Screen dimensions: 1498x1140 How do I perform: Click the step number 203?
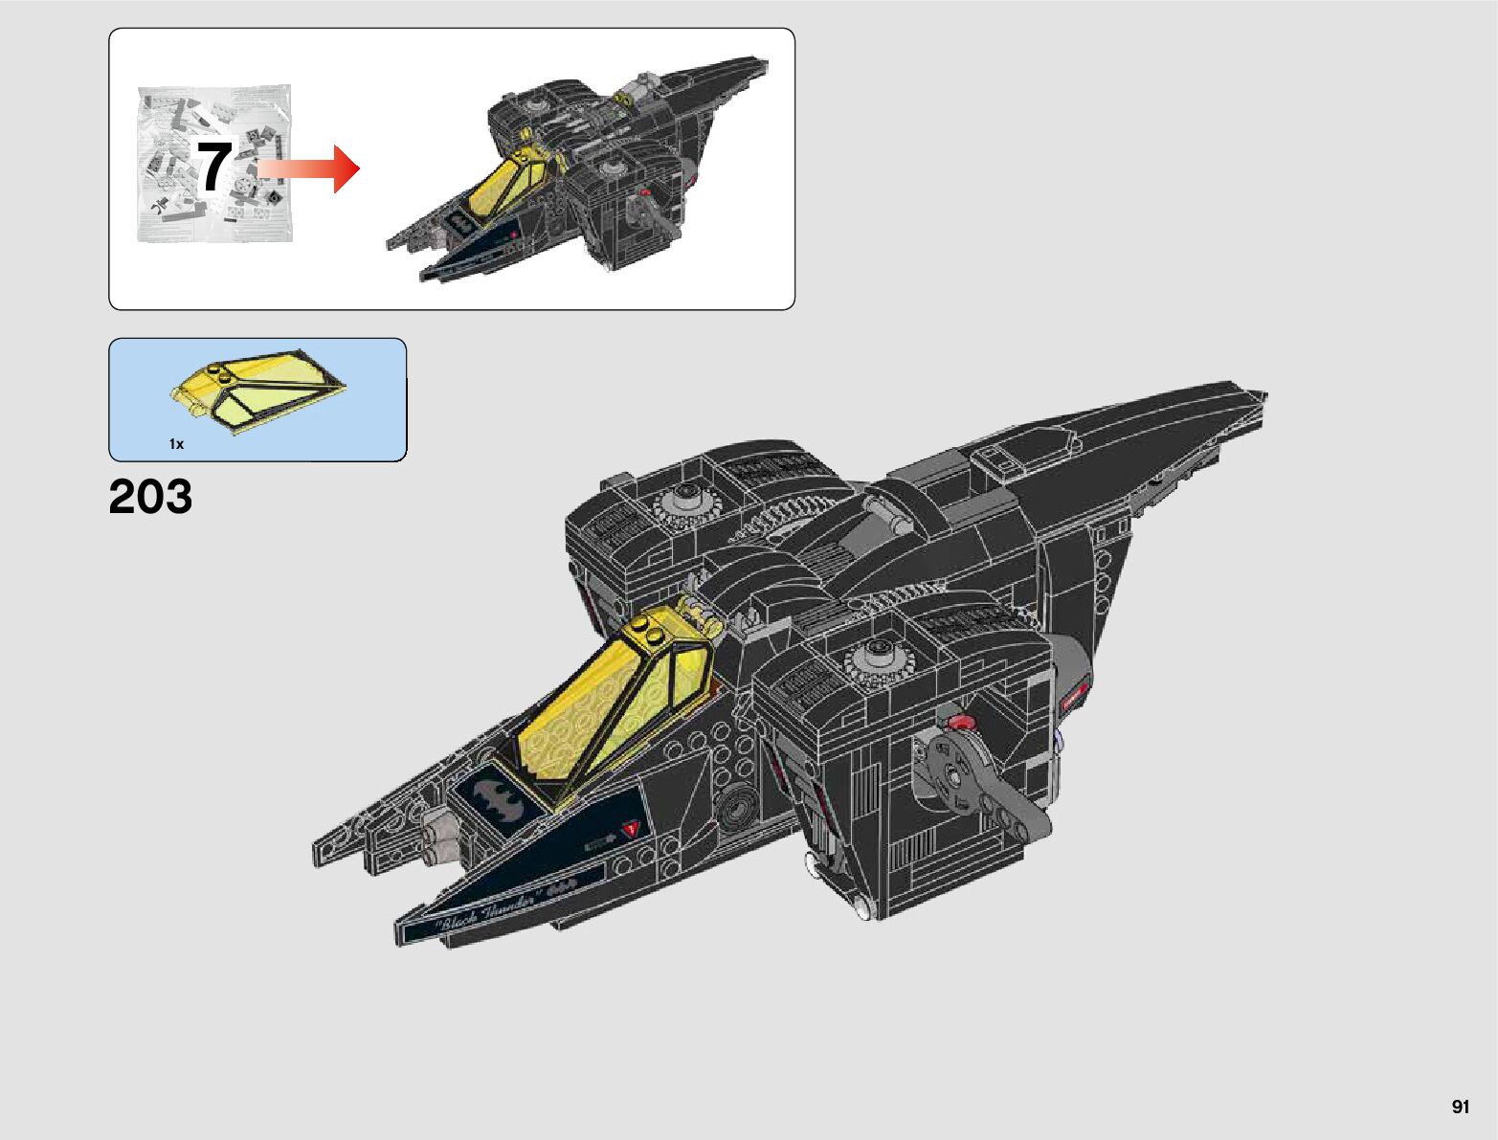pos(150,498)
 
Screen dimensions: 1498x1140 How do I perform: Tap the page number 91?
pos(1460,1107)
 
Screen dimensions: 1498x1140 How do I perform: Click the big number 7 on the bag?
pos(214,166)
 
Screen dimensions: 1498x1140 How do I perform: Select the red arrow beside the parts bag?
pos(309,168)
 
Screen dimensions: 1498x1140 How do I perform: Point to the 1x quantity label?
pos(176,444)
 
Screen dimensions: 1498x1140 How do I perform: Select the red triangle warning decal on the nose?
pos(630,828)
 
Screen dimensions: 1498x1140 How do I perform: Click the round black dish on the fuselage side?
pos(738,809)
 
